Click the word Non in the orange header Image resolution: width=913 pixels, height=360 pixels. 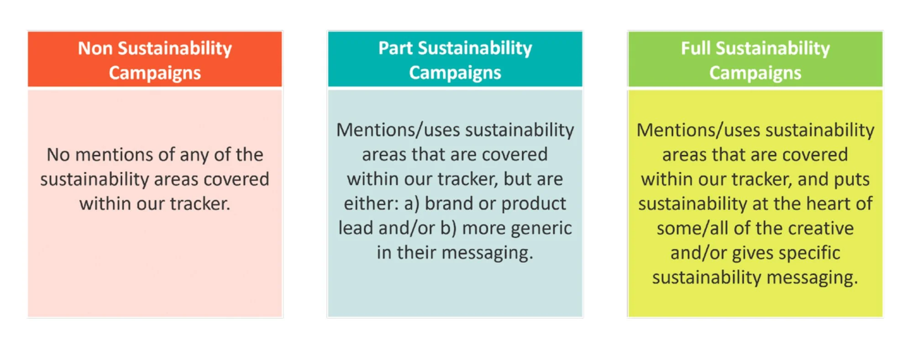tap(94, 48)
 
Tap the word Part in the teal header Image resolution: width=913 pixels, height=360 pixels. tap(395, 48)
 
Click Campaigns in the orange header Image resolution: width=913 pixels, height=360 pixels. tap(155, 73)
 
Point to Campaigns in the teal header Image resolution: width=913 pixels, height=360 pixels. tap(455, 73)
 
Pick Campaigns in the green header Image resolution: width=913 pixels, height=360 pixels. tap(755, 73)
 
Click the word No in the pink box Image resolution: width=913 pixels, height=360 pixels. tap(58, 155)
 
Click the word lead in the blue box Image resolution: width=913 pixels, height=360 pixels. tap(356, 228)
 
